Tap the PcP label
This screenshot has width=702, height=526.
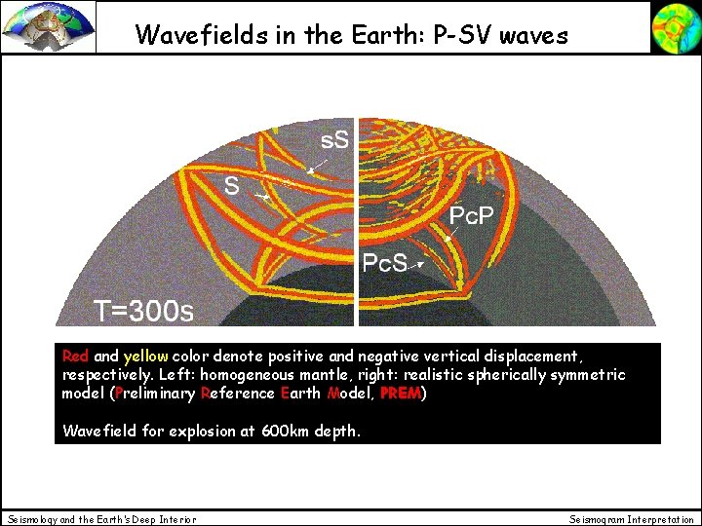[470, 215]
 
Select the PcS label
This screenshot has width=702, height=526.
[384, 263]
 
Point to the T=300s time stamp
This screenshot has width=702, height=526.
[143, 311]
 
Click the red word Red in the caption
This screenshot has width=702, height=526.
[75, 357]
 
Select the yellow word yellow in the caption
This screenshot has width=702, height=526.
[144, 357]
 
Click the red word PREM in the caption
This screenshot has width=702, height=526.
[400, 394]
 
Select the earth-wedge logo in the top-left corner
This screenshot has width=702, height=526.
[49, 26]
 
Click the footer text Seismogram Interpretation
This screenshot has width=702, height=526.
[632, 519]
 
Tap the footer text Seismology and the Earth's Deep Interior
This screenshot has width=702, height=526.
[101, 519]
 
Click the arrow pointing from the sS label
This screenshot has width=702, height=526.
[316, 166]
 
